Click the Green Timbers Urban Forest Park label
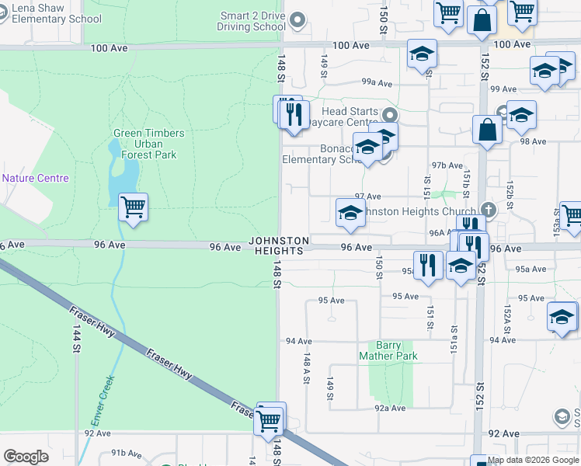148,144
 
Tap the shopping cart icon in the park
133,207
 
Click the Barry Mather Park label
388,351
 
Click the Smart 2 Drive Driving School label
252,21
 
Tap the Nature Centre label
35,178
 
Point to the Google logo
26,456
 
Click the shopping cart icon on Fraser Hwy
269,422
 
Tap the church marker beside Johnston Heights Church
488,210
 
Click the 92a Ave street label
390,408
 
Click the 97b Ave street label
448,165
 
